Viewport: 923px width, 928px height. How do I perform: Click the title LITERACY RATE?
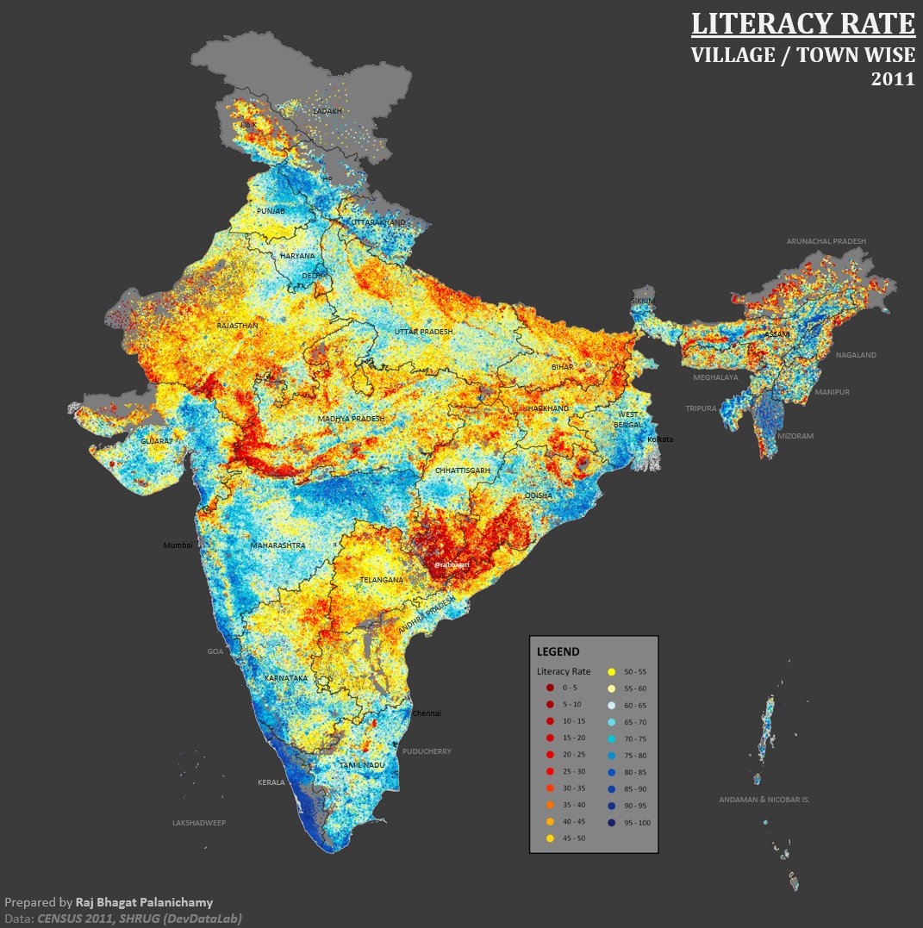click(x=802, y=23)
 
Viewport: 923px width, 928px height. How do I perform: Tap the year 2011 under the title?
click(x=892, y=79)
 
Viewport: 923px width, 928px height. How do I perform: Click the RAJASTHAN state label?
click(x=237, y=326)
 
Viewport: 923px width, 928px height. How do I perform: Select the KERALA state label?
click(x=271, y=782)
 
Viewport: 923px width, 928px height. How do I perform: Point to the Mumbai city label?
click(x=178, y=545)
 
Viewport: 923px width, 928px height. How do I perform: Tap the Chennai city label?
click(x=427, y=713)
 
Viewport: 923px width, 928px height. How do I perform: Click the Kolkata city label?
click(x=660, y=439)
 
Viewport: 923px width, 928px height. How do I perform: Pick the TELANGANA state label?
click(x=381, y=580)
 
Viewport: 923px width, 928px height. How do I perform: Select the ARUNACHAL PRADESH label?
click(x=826, y=241)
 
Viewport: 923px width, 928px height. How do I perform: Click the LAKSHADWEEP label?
click(x=198, y=823)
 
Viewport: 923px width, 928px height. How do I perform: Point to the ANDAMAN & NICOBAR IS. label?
click(x=764, y=800)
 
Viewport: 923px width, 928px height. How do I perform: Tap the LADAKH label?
click(x=327, y=111)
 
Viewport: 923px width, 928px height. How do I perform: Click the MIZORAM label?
click(x=795, y=436)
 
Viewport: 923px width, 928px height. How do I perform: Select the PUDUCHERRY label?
click(x=427, y=751)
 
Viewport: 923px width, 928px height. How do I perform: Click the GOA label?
click(x=215, y=651)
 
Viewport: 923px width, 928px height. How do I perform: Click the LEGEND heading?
click(x=558, y=651)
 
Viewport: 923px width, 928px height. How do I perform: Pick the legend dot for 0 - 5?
click(x=549, y=688)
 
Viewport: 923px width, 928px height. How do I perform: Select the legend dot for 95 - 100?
click(x=611, y=823)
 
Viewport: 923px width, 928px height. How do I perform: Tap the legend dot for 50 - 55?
click(x=611, y=670)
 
